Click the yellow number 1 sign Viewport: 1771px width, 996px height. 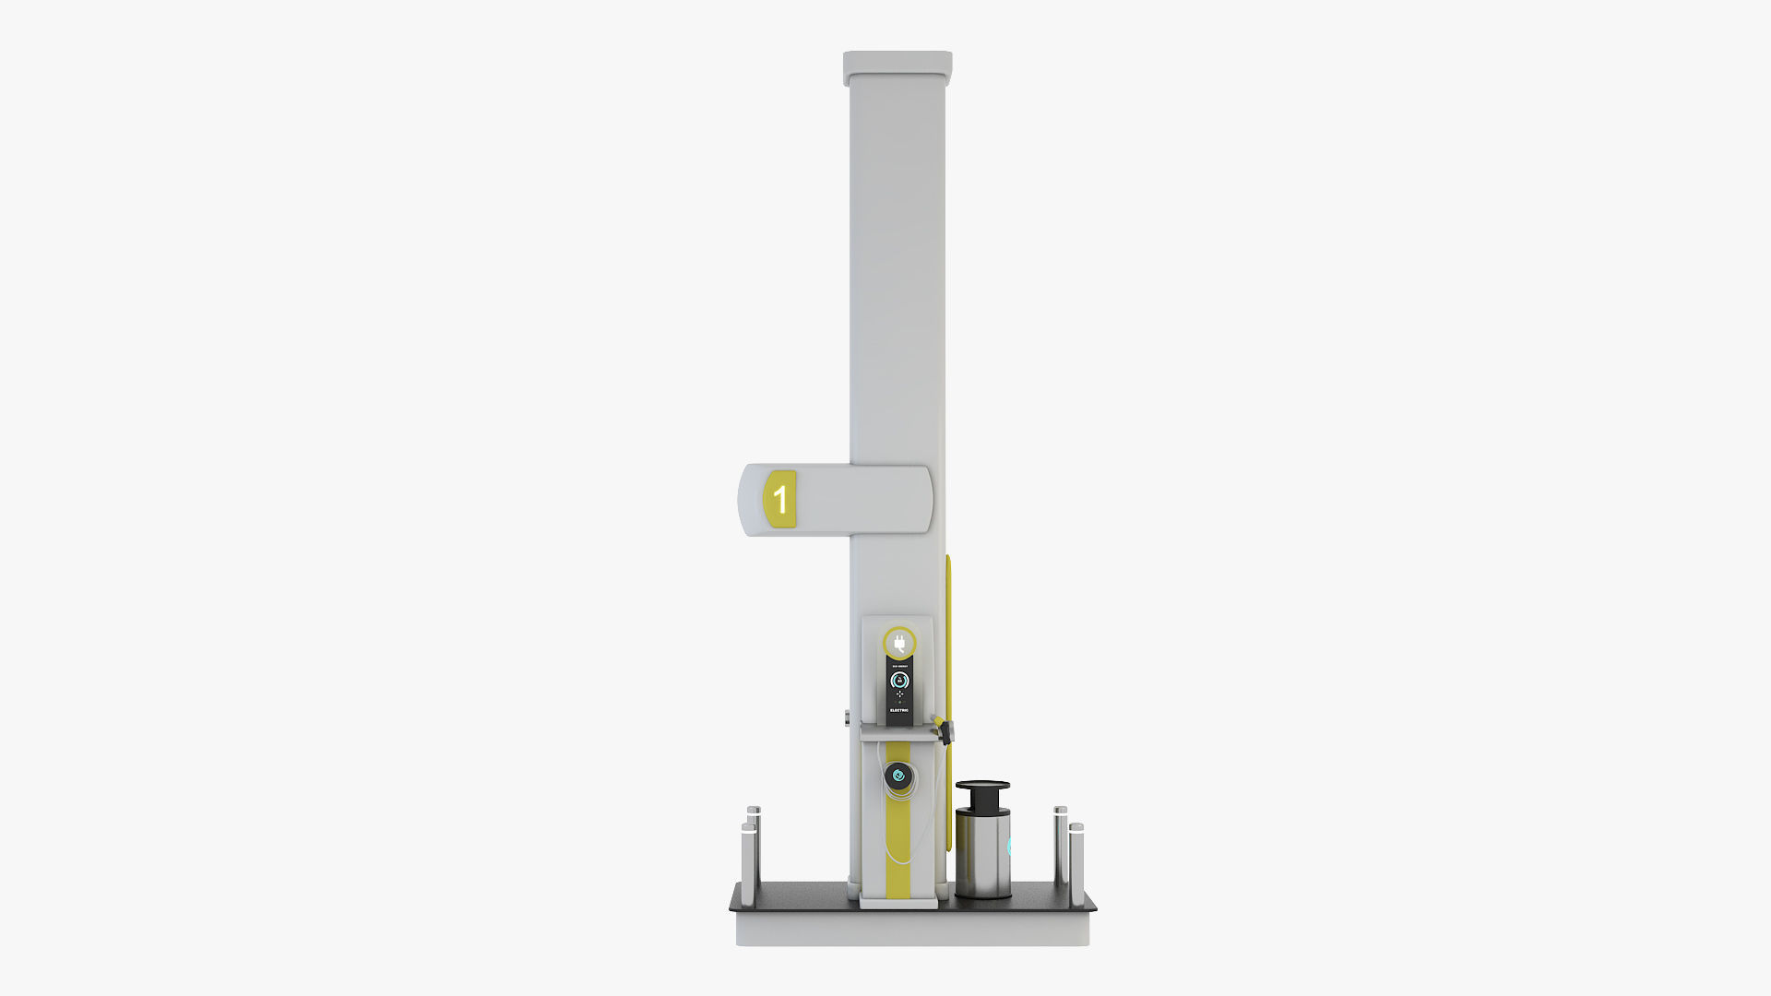[780, 499]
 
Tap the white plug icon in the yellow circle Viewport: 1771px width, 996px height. [899, 643]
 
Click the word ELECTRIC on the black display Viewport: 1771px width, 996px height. [899, 710]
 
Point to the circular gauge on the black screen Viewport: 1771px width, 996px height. [899, 681]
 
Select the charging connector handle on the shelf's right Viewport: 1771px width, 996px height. [944, 729]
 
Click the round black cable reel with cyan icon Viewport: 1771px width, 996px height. [898, 777]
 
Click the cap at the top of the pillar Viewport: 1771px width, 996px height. [897, 65]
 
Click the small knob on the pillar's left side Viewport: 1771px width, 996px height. [847, 717]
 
